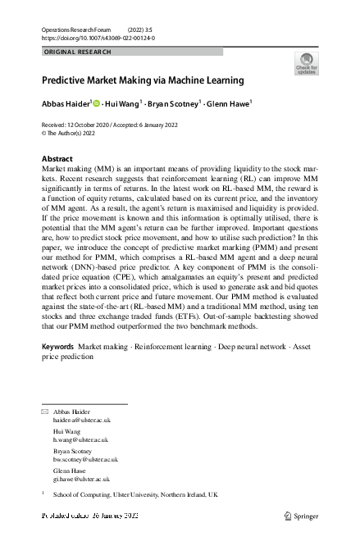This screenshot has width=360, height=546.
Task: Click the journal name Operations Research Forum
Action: (x=78, y=30)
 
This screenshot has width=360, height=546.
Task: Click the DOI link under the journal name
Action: (x=98, y=38)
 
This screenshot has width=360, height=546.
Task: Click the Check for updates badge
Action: (x=305, y=64)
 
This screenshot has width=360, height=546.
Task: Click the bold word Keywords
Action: (x=57, y=370)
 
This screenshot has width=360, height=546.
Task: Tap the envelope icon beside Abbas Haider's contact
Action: (x=44, y=411)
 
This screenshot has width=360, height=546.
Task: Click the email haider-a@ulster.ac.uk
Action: (x=81, y=420)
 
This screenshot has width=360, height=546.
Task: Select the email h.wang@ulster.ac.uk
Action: (x=80, y=439)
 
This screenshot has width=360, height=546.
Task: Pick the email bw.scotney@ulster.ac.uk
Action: (x=85, y=460)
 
